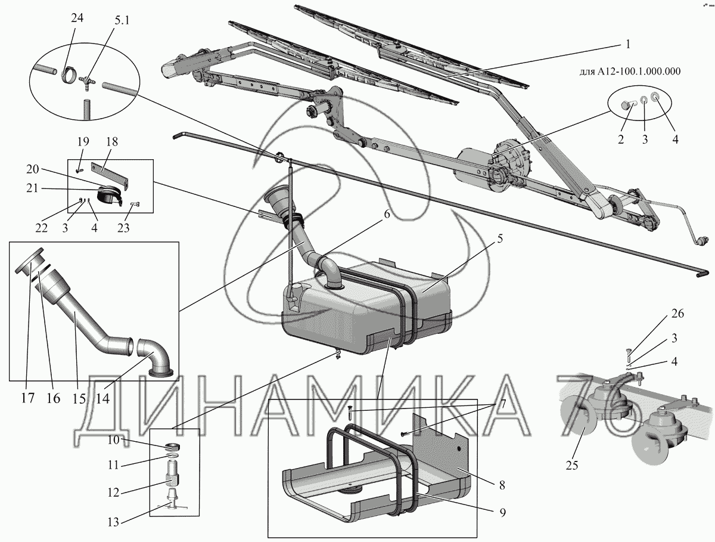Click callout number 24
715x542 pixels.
[x=77, y=18]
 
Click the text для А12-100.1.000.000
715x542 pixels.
[x=630, y=72]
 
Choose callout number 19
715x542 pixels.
[x=83, y=142]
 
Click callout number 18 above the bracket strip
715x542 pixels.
[x=112, y=142]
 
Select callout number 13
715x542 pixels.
[x=112, y=522]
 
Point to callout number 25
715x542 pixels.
[x=571, y=465]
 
